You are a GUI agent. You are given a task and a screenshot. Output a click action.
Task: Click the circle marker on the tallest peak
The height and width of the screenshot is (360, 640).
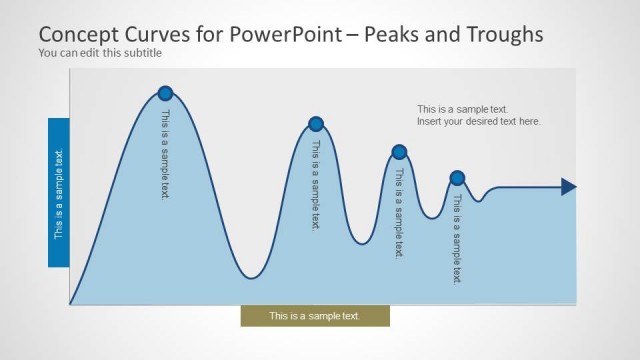165,93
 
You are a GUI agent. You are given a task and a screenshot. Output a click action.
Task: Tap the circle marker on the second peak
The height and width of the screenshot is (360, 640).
316,124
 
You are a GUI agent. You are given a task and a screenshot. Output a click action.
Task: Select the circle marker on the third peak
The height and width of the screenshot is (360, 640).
399,152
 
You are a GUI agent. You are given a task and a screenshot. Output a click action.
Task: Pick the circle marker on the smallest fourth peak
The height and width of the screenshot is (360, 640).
457,178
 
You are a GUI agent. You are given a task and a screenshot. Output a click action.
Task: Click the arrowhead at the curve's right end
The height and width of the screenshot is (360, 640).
568,186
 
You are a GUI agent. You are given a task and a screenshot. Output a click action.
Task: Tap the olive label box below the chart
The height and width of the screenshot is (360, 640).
315,316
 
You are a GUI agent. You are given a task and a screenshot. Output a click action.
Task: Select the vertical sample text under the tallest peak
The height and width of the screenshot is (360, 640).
166,155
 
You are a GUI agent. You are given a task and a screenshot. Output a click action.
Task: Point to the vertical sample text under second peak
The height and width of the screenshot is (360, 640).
316,185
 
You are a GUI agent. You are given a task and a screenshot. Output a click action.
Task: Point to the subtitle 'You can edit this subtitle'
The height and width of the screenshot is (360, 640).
99,53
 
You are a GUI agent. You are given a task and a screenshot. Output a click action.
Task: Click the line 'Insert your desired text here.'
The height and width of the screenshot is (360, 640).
479,121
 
